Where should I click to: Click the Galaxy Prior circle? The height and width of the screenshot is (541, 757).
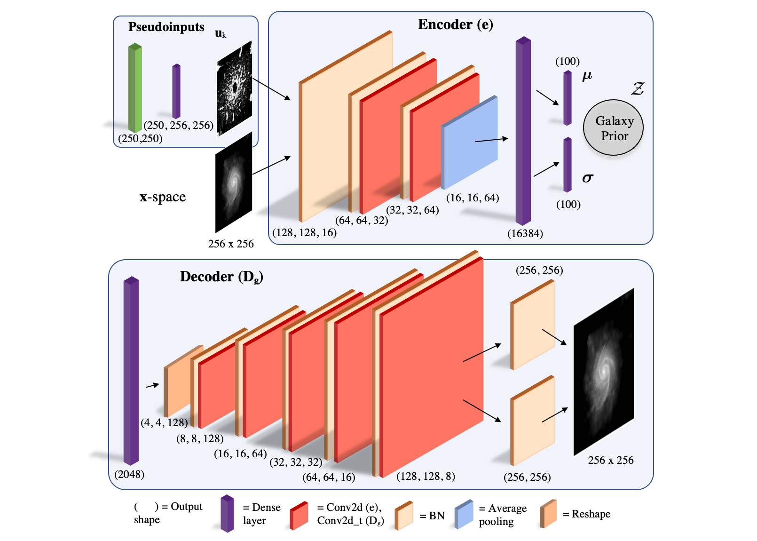[613, 128]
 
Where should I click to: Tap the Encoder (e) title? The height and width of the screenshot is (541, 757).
[455, 24]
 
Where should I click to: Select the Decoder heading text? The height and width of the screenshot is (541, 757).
[221, 277]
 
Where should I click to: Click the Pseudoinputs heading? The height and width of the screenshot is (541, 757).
[166, 27]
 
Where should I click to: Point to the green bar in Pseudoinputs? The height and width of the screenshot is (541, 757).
[135, 88]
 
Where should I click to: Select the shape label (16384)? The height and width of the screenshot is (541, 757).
[525, 234]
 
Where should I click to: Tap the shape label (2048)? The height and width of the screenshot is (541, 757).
[129, 474]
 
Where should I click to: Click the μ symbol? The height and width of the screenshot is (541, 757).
[587, 76]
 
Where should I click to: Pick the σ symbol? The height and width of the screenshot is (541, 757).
[587, 178]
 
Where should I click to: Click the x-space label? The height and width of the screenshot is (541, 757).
[163, 197]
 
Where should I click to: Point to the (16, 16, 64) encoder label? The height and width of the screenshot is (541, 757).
[473, 198]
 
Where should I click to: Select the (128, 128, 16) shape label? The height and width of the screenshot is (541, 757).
[304, 232]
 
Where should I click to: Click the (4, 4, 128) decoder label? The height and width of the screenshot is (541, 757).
[164, 422]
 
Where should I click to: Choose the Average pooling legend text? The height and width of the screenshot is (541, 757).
[503, 515]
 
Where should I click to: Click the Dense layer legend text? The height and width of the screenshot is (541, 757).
[261, 514]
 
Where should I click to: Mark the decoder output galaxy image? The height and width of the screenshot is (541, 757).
[604, 372]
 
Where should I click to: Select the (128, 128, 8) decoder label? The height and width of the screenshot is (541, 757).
[426, 477]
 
